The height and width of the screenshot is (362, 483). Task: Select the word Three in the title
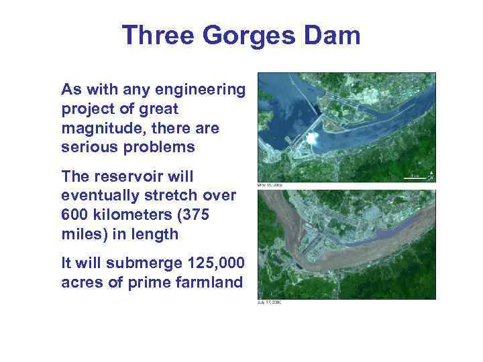click(158, 36)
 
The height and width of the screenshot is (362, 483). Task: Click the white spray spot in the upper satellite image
click(312, 139)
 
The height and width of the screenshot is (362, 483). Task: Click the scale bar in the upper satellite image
click(414, 178)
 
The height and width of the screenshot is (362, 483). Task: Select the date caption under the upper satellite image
click(270, 185)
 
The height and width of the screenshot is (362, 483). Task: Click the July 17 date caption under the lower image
click(270, 302)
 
